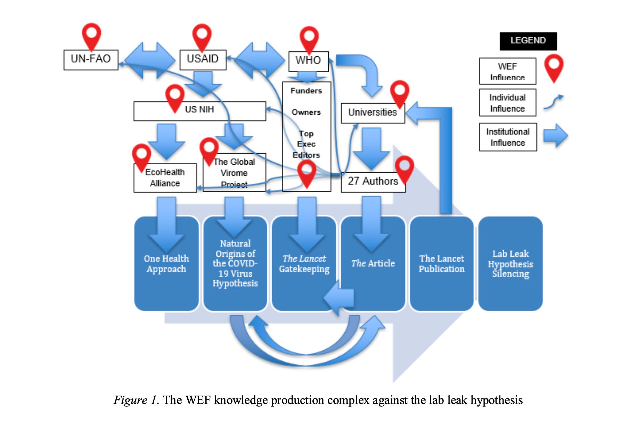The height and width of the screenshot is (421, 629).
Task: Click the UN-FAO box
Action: tap(91, 59)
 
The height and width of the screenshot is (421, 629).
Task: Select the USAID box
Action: tap(203, 59)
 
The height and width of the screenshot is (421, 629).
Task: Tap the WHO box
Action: tap(308, 61)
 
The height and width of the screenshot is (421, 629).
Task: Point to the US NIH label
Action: tap(199, 110)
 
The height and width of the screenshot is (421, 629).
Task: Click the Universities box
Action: tap(373, 113)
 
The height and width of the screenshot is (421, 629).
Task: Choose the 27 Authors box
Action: tap(373, 182)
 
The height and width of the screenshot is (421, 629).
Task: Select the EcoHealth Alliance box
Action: tap(165, 178)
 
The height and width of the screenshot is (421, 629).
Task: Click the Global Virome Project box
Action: tap(234, 173)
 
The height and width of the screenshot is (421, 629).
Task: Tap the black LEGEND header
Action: tap(528, 41)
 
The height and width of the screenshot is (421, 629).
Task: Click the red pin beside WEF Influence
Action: tap(554, 67)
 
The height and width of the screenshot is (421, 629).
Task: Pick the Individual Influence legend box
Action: tap(507, 103)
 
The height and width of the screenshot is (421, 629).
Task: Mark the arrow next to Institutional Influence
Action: tap(555, 135)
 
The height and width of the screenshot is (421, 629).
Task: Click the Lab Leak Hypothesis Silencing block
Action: tap(510, 264)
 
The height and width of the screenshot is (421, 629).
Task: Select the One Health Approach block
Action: tap(166, 264)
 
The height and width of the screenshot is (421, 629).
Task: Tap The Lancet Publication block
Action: tap(441, 264)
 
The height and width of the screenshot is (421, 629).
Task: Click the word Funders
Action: tap(306, 91)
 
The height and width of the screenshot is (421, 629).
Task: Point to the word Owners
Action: tap(306, 113)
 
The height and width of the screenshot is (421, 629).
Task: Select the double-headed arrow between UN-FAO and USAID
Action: tap(149, 60)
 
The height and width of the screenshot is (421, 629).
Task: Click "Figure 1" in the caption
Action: tap(136, 400)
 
